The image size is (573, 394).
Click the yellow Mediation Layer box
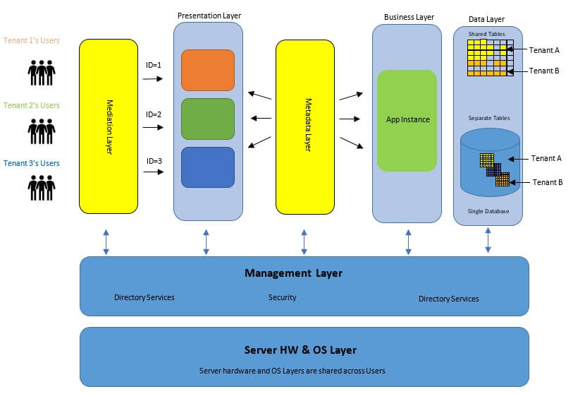pyautogui.click(x=109, y=126)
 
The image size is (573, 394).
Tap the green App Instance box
pyautogui.click(x=407, y=120)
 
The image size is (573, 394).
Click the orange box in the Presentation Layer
pyautogui.click(x=208, y=70)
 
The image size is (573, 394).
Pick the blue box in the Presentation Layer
pyautogui.click(x=208, y=167)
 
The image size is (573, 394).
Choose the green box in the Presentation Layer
pyautogui.click(x=208, y=119)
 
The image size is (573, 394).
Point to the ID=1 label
pyautogui.click(x=154, y=65)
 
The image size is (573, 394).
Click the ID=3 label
pyautogui.click(x=154, y=161)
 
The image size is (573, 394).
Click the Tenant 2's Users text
pyautogui.click(x=32, y=105)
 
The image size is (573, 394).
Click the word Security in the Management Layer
pyautogui.click(x=282, y=297)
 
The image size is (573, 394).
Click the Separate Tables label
pyautogui.click(x=488, y=118)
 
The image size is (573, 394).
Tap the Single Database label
pyautogui.click(x=488, y=211)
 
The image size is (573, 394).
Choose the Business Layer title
pyautogui.click(x=409, y=17)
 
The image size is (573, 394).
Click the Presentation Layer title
pyautogui.click(x=209, y=15)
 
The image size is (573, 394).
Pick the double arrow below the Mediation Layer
pyautogui.click(x=106, y=241)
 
